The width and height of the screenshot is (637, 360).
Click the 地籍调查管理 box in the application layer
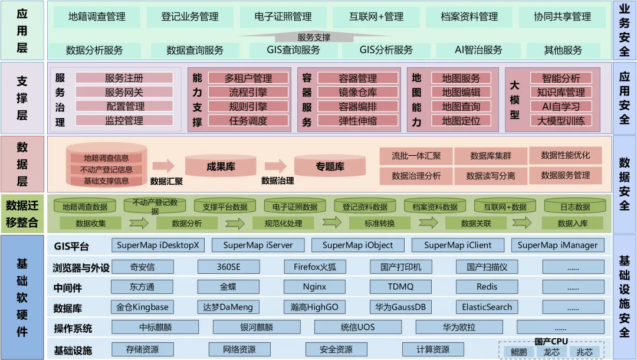tap(97, 17)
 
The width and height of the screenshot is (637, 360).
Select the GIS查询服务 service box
tap(293, 50)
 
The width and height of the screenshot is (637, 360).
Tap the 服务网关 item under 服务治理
tap(124, 92)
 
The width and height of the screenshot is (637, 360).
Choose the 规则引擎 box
tap(248, 107)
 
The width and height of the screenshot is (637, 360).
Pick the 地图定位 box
tap(461, 121)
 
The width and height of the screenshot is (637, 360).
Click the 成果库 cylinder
tap(221, 167)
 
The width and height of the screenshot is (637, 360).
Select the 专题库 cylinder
tap(330, 167)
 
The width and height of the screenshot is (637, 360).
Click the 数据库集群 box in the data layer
tap(491, 156)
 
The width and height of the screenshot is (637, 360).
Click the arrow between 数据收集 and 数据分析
tap(139, 223)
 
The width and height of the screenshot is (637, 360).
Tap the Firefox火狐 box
tap(315, 267)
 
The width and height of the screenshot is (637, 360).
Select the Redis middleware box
tap(487, 287)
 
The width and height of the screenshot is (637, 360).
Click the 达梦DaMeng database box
tap(228, 307)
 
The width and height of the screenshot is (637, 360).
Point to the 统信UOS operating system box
tap(357, 327)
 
